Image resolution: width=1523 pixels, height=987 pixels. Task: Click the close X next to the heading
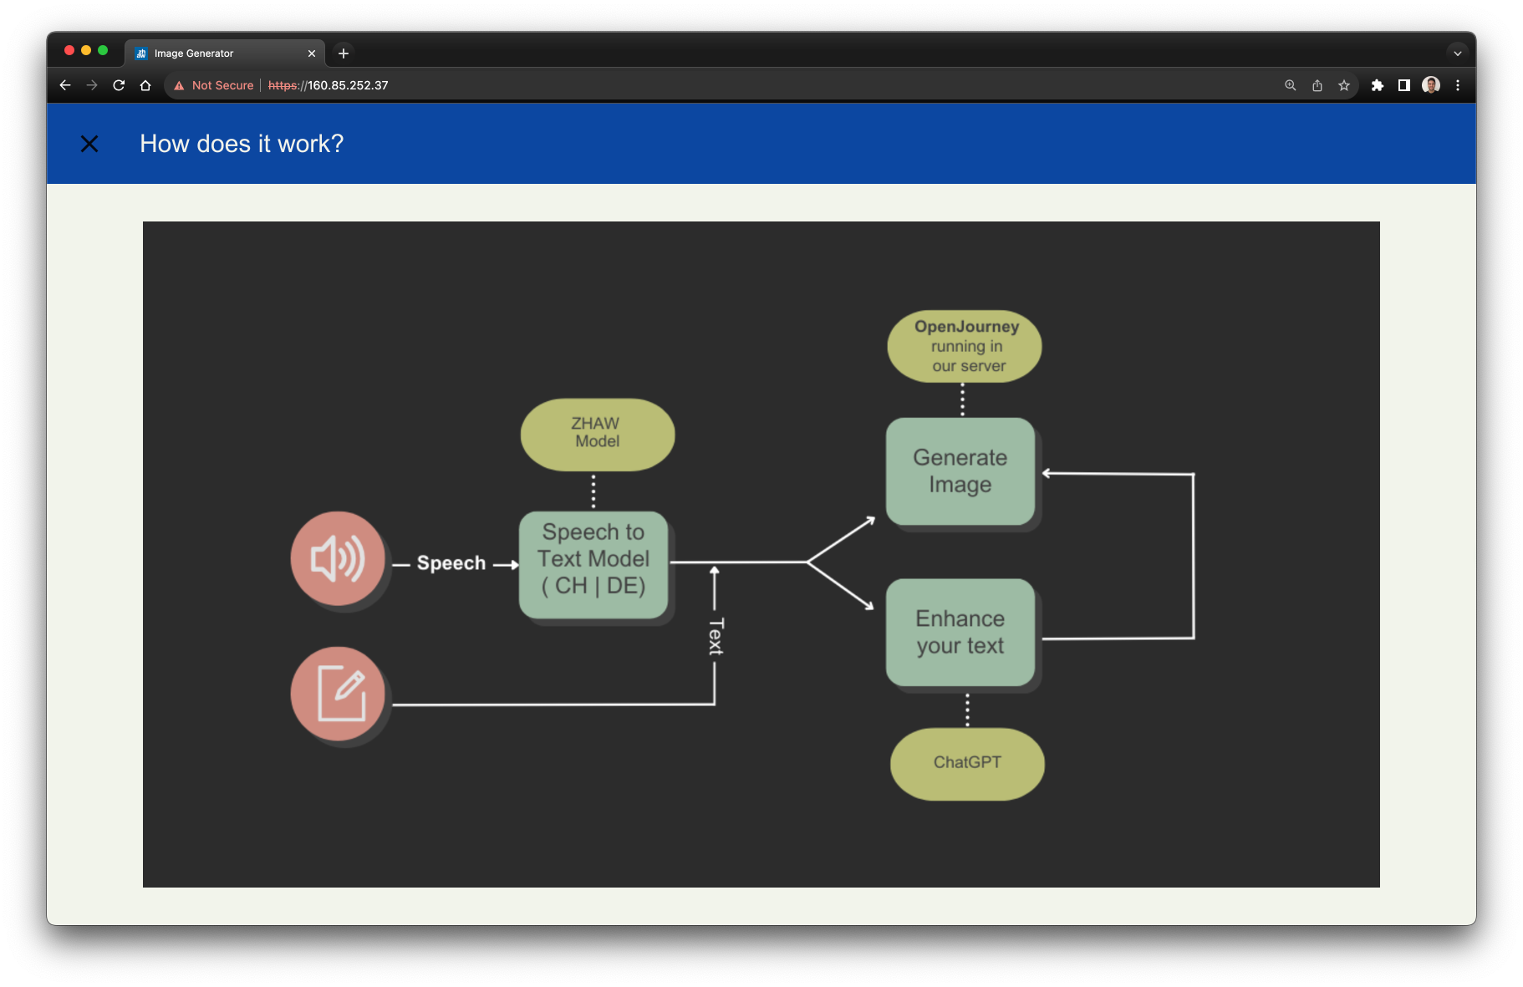[x=89, y=144]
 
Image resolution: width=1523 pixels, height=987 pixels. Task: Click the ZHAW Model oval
[x=597, y=434]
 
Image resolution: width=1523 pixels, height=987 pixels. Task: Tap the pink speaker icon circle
[x=338, y=558]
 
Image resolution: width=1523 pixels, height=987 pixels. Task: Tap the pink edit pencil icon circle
[x=338, y=694]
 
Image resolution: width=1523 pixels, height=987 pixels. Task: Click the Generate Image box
[x=960, y=471]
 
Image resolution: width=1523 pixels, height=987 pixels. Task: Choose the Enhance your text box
[x=960, y=633]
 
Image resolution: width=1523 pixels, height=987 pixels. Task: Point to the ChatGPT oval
[x=967, y=763]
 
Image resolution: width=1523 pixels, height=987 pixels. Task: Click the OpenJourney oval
[x=965, y=346]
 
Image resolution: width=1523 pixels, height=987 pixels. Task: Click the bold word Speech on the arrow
[x=451, y=563]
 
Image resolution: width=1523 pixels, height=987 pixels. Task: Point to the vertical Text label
[x=716, y=637]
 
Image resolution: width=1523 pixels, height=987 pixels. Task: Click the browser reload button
[x=119, y=85]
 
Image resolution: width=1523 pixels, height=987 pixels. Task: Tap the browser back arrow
[x=65, y=85]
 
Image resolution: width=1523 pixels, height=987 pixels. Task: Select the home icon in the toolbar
[x=145, y=85]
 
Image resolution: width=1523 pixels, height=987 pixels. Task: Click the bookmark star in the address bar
[x=1344, y=85]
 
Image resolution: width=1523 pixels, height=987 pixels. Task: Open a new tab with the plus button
[x=344, y=53]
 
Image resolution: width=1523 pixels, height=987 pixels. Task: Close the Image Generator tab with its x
[x=312, y=53]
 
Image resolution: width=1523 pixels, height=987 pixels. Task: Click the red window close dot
[x=69, y=51]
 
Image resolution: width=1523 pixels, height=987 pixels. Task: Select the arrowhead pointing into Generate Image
[x=1047, y=473]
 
